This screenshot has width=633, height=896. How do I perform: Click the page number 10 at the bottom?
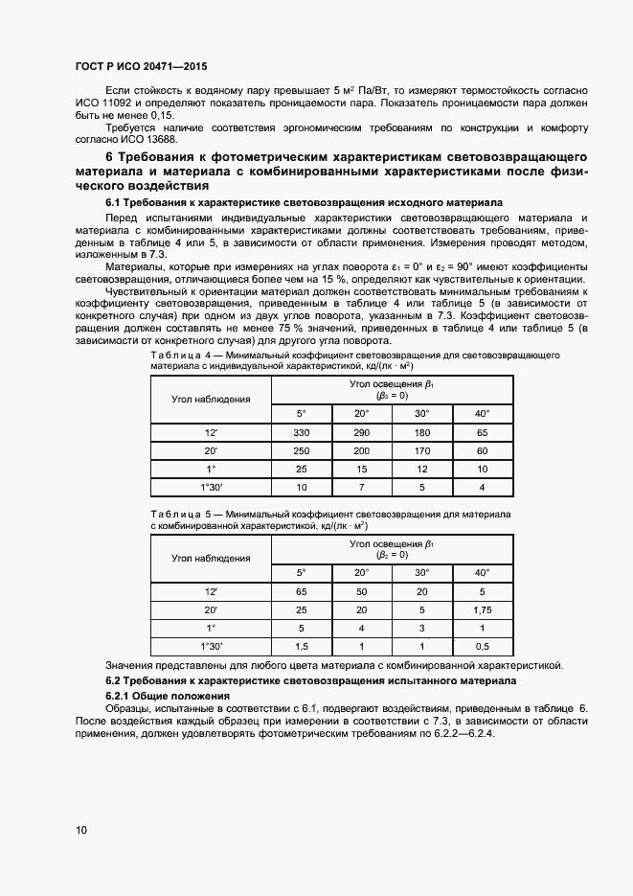pos(81,829)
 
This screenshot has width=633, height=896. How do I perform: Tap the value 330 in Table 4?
pos(300,434)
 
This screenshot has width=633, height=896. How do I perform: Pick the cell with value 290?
pos(361,434)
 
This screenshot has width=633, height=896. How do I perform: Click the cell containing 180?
pos(421,434)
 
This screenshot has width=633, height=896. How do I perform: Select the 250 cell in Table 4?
pos(300,451)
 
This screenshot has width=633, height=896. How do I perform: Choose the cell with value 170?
pos(421,451)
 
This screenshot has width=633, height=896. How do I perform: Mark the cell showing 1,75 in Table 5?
pos(482,609)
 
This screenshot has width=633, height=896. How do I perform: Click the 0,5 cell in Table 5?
pos(482,646)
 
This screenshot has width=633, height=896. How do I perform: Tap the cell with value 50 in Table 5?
pos(361,592)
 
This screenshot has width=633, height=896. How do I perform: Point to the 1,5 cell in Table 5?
pos(301,646)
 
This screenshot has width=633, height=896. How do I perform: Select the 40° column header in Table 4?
pos(482,413)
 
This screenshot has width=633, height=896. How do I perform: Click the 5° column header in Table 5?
pos(301,572)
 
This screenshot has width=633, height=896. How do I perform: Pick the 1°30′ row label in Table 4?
pos(211,488)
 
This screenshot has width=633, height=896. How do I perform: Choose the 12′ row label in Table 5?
pos(211,592)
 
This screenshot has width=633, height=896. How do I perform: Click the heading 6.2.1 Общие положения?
pos(168,694)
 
